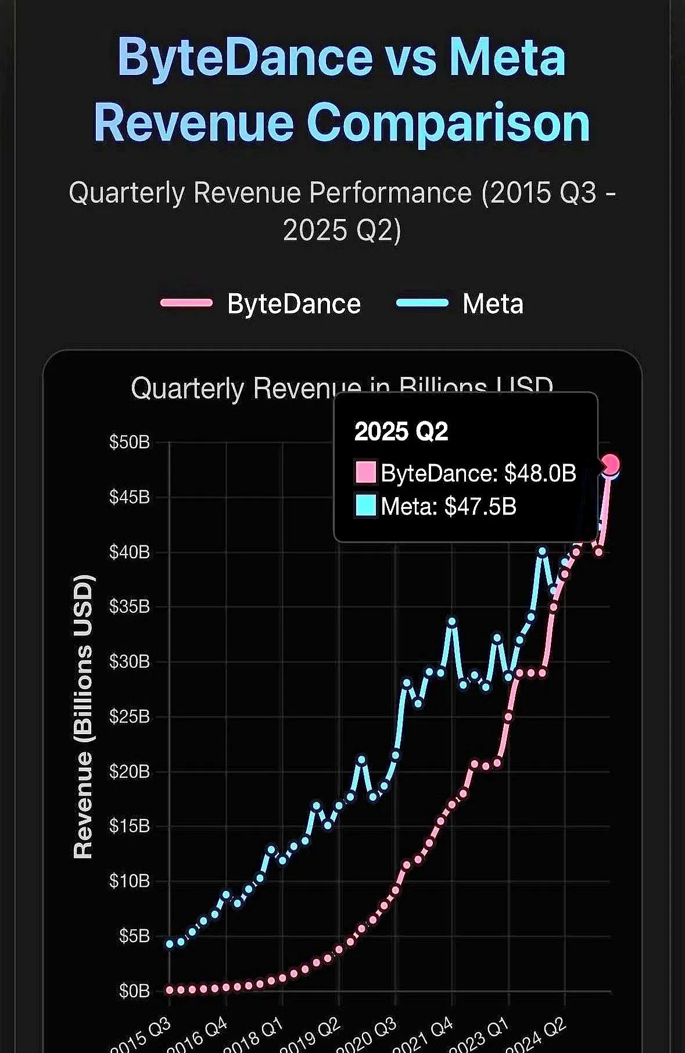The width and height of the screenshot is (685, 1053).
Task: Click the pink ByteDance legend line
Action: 187,303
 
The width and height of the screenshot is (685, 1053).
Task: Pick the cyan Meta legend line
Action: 422,303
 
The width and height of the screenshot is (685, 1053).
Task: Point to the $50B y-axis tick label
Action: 129,442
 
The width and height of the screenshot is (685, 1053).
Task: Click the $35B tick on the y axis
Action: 129,607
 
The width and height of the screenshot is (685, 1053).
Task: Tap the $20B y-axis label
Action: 129,772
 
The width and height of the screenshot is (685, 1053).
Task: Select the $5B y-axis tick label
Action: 134,936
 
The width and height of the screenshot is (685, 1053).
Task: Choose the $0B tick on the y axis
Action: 134,991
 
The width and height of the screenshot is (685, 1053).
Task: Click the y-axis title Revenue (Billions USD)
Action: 83,716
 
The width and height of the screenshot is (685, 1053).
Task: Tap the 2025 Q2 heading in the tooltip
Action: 401,432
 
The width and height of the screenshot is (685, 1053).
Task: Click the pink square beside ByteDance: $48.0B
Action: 365,472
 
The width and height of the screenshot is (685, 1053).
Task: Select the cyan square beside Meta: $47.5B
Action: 365,505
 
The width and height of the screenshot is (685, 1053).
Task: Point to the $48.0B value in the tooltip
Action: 540,473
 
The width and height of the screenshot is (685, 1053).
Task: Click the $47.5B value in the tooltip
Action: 480,506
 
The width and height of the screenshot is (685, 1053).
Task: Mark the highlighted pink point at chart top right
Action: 611,464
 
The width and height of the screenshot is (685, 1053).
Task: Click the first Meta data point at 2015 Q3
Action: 170,944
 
